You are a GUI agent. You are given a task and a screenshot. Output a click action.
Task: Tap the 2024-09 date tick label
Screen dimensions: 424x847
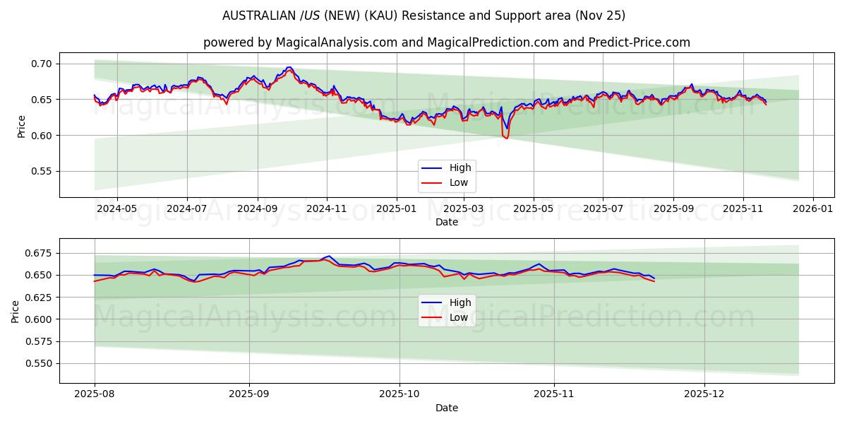click(257, 209)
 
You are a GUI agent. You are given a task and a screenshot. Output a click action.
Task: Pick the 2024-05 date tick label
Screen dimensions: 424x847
click(116, 209)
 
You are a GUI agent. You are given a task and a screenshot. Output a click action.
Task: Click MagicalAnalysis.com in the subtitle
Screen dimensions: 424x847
click(335, 42)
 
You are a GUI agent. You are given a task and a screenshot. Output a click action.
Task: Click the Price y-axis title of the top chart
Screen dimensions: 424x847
click(21, 124)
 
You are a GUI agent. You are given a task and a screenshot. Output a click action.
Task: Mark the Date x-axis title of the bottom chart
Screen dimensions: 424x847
click(446, 408)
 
